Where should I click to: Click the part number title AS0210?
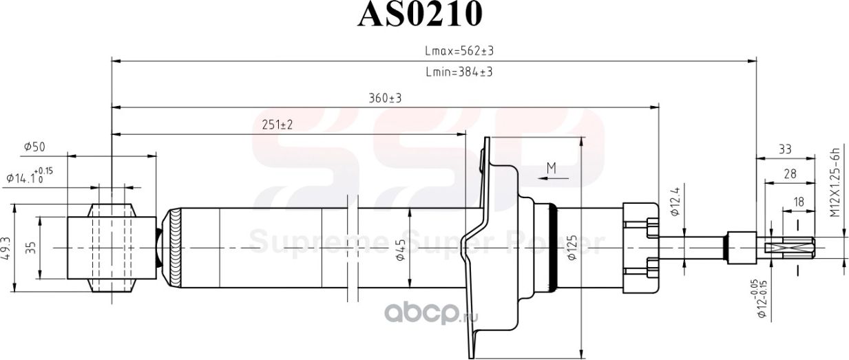(x=419, y=14)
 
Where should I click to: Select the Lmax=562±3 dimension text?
(x=460, y=52)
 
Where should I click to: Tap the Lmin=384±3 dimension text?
(x=459, y=72)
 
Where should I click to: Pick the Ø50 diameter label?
(x=34, y=147)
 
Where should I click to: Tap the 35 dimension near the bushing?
(x=31, y=248)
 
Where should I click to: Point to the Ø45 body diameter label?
(x=400, y=250)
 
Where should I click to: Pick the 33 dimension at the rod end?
(x=784, y=149)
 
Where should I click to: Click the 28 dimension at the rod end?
(x=790, y=175)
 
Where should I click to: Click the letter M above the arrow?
(x=551, y=167)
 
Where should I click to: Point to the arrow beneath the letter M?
(x=554, y=178)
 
